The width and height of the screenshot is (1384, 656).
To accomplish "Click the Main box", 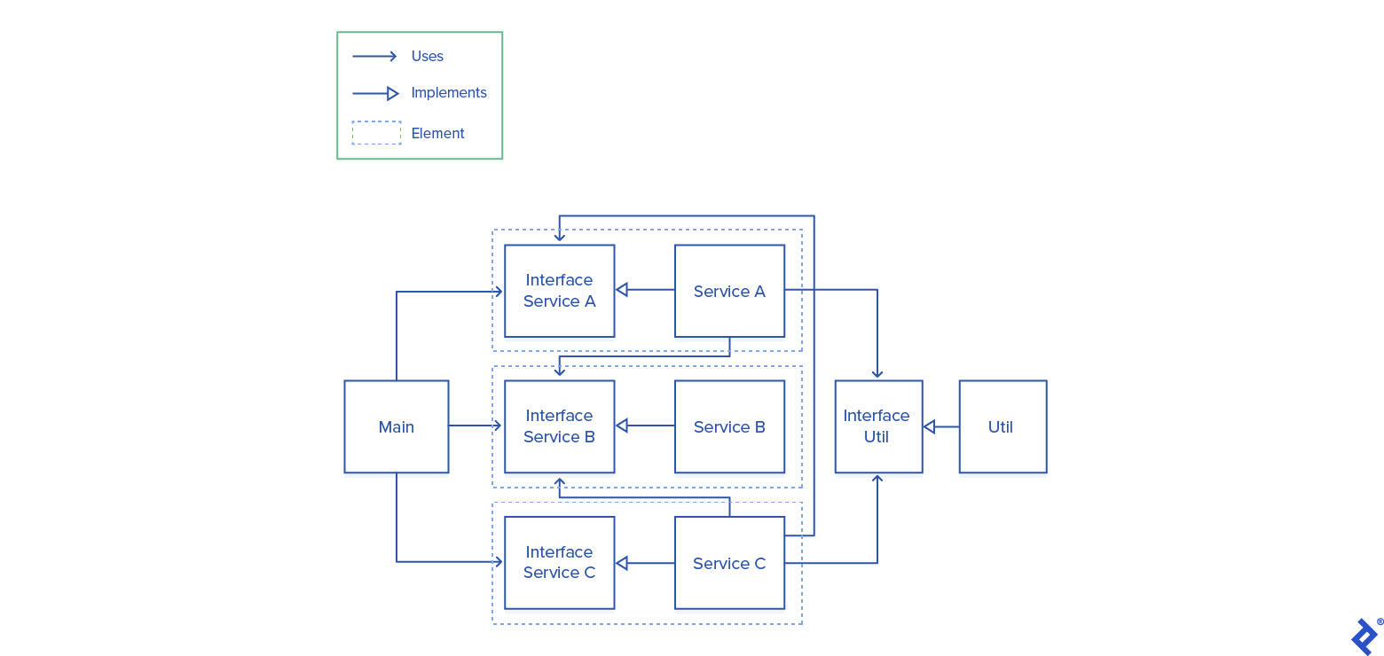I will pos(396,426).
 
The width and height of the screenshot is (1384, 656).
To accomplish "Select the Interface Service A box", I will pos(559,291).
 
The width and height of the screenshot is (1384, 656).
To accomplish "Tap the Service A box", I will pos(729,291).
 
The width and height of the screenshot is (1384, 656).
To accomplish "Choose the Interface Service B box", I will pos(559,426).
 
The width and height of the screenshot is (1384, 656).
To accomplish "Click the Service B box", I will pos(729,426).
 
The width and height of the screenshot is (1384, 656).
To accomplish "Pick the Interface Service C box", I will pos(559,562).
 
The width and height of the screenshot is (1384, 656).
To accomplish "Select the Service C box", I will pos(729,562).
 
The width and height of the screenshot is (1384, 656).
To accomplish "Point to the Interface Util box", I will pos(877,426).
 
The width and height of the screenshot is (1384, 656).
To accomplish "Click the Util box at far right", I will pos(1003,426).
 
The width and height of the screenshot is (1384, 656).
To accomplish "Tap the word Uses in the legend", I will pos(427,56).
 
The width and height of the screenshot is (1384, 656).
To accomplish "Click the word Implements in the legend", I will pos(449,93).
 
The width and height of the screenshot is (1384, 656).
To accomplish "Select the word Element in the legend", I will pos(437,133).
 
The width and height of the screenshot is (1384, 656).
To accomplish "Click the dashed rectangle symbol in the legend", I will pos(376,133).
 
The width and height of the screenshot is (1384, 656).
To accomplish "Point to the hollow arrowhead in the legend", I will pos(393,93).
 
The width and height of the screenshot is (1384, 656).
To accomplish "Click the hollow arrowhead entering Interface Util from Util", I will pos(929,426).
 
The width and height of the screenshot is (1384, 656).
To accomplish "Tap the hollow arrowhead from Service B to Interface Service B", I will pos(622,426).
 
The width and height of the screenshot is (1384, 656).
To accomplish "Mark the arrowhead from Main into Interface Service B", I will pos(498,426).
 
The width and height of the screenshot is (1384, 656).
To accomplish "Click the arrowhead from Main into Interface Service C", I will pos(498,561).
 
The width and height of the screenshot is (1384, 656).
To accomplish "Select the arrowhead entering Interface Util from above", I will pos(877,374).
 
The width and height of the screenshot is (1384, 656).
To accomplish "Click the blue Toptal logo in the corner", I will pos(1364,636).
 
